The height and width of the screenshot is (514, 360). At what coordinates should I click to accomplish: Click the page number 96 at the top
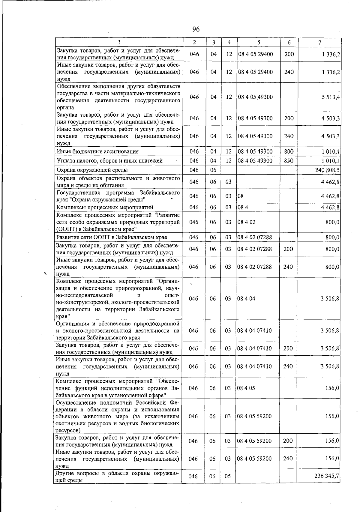pos(196,29)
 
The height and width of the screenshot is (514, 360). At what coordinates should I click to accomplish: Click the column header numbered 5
pos(259,43)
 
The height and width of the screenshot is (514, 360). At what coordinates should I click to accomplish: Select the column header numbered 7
pos(320,43)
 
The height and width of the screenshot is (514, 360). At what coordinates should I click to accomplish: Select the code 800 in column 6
pos(289,151)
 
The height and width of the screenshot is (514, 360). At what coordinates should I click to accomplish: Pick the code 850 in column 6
pos(289,161)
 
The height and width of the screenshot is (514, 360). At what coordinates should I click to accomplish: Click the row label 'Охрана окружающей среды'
pos(92,170)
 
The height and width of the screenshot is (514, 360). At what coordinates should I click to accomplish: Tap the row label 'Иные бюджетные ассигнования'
pos(97,151)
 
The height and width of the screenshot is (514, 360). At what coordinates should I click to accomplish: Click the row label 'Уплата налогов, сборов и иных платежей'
pos(109,161)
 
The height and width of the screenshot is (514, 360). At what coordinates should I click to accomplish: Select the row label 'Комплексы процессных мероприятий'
pos(105,207)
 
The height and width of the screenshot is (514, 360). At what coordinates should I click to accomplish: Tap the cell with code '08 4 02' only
pos(246,222)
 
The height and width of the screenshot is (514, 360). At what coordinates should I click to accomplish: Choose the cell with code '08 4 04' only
pos(246,299)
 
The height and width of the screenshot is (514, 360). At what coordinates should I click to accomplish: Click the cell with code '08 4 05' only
pos(246,388)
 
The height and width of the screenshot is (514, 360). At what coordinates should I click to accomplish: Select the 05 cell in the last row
pos(228,476)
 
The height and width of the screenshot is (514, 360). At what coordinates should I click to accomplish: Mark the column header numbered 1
pos(119,43)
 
